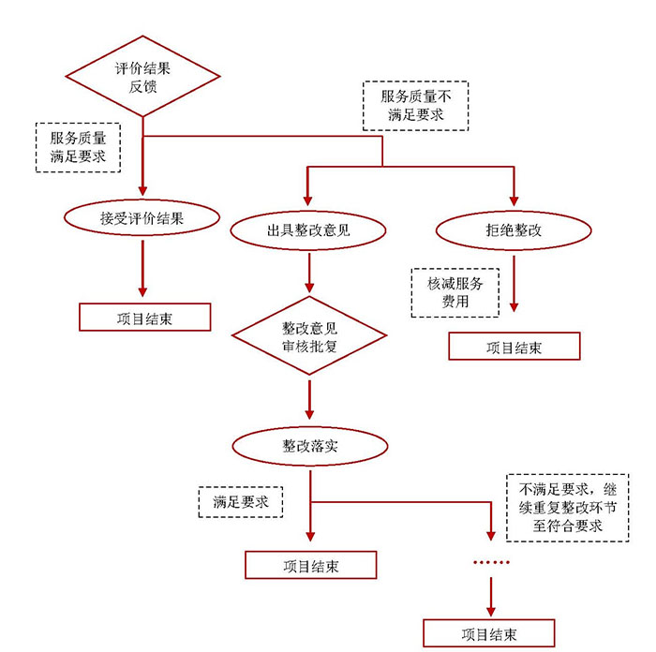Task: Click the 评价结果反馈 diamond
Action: click(x=142, y=78)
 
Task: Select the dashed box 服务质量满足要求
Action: click(x=78, y=147)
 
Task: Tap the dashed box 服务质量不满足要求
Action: click(x=415, y=105)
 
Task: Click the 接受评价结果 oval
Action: click(x=142, y=218)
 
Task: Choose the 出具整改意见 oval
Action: click(x=309, y=229)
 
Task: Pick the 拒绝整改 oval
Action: click(x=512, y=229)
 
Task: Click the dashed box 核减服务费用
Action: click(x=455, y=292)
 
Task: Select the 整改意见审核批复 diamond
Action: click(x=309, y=336)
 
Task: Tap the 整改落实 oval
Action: click(x=309, y=447)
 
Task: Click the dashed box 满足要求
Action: click(x=241, y=502)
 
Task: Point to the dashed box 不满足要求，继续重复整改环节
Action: click(x=567, y=507)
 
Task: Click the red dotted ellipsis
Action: click(x=490, y=563)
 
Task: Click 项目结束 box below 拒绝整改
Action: click(x=514, y=347)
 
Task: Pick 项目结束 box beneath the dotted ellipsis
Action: click(x=489, y=633)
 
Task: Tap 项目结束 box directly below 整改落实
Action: click(x=310, y=566)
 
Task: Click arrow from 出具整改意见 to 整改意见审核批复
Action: click(x=309, y=274)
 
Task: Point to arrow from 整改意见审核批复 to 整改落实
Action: click(x=309, y=401)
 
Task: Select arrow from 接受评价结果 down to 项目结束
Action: click(x=142, y=269)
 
